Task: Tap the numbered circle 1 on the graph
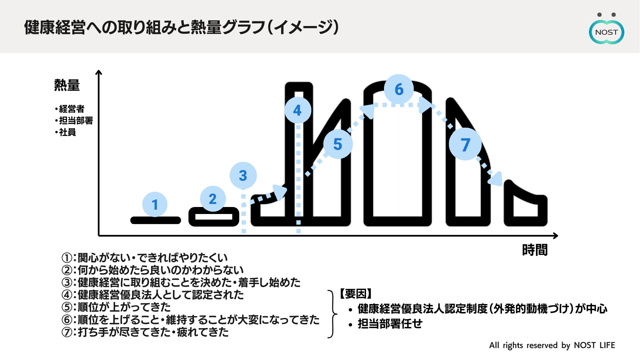click(x=155, y=204)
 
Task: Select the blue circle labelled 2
click(x=213, y=199)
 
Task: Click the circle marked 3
click(x=243, y=175)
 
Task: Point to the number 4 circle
click(x=298, y=110)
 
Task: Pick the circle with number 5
click(x=338, y=144)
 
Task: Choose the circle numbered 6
click(x=399, y=89)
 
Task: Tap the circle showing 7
click(x=465, y=144)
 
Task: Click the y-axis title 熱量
click(x=67, y=85)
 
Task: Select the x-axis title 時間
click(x=534, y=250)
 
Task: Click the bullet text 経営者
click(x=71, y=109)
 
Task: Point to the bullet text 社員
click(x=67, y=132)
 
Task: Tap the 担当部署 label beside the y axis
click(x=76, y=120)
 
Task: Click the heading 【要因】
click(x=356, y=294)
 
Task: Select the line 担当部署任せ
click(x=390, y=323)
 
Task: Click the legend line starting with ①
click(x=144, y=258)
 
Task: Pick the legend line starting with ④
click(x=153, y=295)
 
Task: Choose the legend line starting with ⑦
click(x=145, y=332)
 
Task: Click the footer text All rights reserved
click(x=552, y=345)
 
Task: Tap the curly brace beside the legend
click(x=332, y=314)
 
